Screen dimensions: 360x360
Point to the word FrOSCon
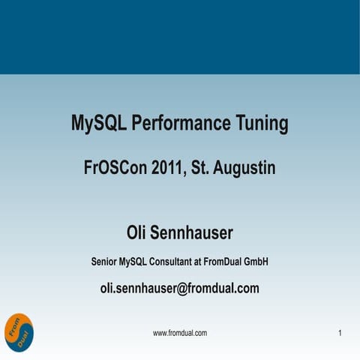click(114, 168)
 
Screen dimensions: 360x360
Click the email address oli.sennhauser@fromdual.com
click(179, 287)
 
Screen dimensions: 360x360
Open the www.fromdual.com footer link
click(179, 332)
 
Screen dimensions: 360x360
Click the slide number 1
click(340, 332)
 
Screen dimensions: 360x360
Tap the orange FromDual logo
click(18, 330)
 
